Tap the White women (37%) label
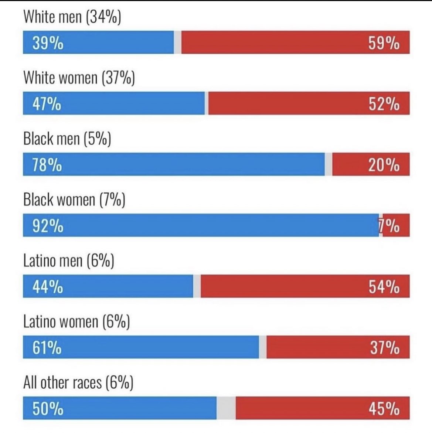(79, 78)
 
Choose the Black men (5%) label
(67, 139)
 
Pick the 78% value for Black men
(47, 165)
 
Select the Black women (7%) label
(74, 200)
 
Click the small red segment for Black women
(395, 225)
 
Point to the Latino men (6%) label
(68, 261)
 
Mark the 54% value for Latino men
(384, 287)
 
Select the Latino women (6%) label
(76, 321)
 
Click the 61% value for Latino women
(47, 348)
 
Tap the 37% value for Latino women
(384, 348)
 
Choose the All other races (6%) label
(78, 382)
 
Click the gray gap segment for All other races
(226, 408)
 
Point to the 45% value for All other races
(384, 409)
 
